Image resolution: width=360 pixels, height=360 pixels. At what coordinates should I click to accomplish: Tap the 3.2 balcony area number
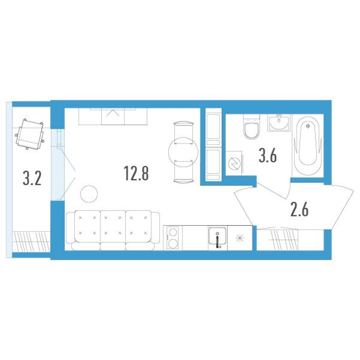(x=32, y=178)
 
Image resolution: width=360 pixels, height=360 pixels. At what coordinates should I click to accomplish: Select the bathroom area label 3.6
(x=268, y=156)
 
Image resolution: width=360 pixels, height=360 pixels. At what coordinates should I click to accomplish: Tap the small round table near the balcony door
(x=88, y=193)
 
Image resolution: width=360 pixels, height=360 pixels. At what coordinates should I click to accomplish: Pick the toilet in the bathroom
(x=252, y=128)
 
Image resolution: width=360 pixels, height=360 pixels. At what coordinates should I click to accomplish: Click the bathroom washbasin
(x=279, y=122)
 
